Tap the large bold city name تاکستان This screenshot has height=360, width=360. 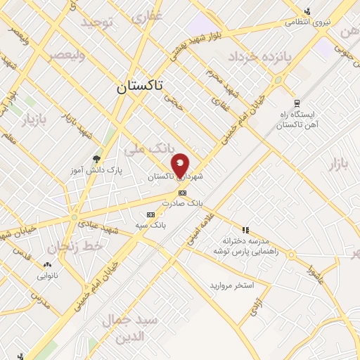pyautogui.click(x=139, y=86)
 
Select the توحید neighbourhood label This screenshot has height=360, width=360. pyautogui.click(x=96, y=23)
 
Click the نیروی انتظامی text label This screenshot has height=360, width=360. pyautogui.click(x=307, y=22)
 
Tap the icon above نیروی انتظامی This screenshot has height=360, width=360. pyautogui.click(x=307, y=11)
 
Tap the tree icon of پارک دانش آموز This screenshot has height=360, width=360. pyautogui.click(x=96, y=159)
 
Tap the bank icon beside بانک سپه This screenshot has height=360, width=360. pyautogui.click(x=150, y=214)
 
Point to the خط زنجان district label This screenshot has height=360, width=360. pyautogui.click(x=76, y=247)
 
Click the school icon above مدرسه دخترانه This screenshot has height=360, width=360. pyautogui.click(x=245, y=229)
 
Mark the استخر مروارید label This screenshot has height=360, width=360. pyautogui.click(x=230, y=286)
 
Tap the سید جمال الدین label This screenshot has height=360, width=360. pyautogui.click(x=131, y=328)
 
